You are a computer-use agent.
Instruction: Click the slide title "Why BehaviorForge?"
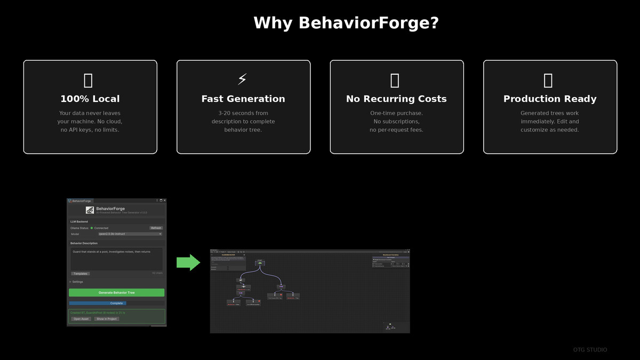tap(346, 23)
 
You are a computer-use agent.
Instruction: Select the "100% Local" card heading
tap(90, 99)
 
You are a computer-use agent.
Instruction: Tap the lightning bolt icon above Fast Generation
tap(243, 79)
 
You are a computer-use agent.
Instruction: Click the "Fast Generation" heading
tap(243, 99)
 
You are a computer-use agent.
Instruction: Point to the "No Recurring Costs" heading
tap(396, 99)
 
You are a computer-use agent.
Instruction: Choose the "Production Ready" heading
tap(550, 99)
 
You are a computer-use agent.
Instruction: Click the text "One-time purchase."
tap(396, 113)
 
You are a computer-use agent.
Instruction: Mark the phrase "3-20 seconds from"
tap(243, 113)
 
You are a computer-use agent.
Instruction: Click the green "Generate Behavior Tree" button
tap(116, 293)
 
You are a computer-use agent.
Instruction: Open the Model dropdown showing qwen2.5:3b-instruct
tap(130, 234)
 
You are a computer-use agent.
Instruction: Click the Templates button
tap(81, 274)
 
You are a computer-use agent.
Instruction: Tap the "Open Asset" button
tap(81, 319)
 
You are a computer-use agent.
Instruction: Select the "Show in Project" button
tap(107, 319)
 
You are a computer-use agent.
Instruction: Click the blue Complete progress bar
tap(98, 303)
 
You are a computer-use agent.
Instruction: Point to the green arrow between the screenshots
tap(188, 262)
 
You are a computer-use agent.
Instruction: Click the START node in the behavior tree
tap(260, 262)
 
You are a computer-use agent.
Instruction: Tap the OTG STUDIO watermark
tap(590, 350)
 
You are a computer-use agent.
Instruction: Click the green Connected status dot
tap(92, 228)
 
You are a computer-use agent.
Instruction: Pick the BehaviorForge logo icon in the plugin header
tap(90, 210)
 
